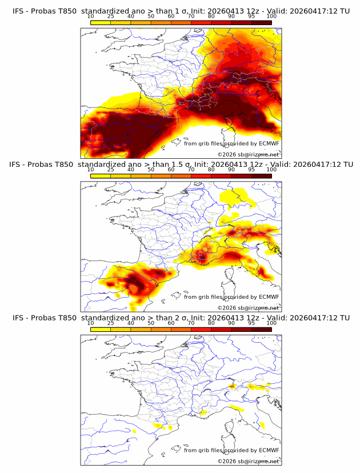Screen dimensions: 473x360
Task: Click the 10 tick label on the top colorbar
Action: (x=91, y=16)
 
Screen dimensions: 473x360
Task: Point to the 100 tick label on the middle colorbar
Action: (x=271, y=169)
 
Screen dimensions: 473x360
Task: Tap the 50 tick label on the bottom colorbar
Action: (x=151, y=323)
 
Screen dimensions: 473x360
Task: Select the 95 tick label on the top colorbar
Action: (x=251, y=16)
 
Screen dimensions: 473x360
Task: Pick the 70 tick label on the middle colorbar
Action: (x=191, y=169)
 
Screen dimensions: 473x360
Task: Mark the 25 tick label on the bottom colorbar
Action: (x=111, y=323)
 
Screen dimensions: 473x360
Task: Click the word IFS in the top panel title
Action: (x=19, y=11)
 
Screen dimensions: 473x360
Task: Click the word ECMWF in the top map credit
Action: (x=269, y=143)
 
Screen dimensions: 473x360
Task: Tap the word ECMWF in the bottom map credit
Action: (x=269, y=450)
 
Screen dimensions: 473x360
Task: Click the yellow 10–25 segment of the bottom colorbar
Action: (x=101, y=329)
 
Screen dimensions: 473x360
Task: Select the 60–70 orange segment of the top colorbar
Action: (x=181, y=22)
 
